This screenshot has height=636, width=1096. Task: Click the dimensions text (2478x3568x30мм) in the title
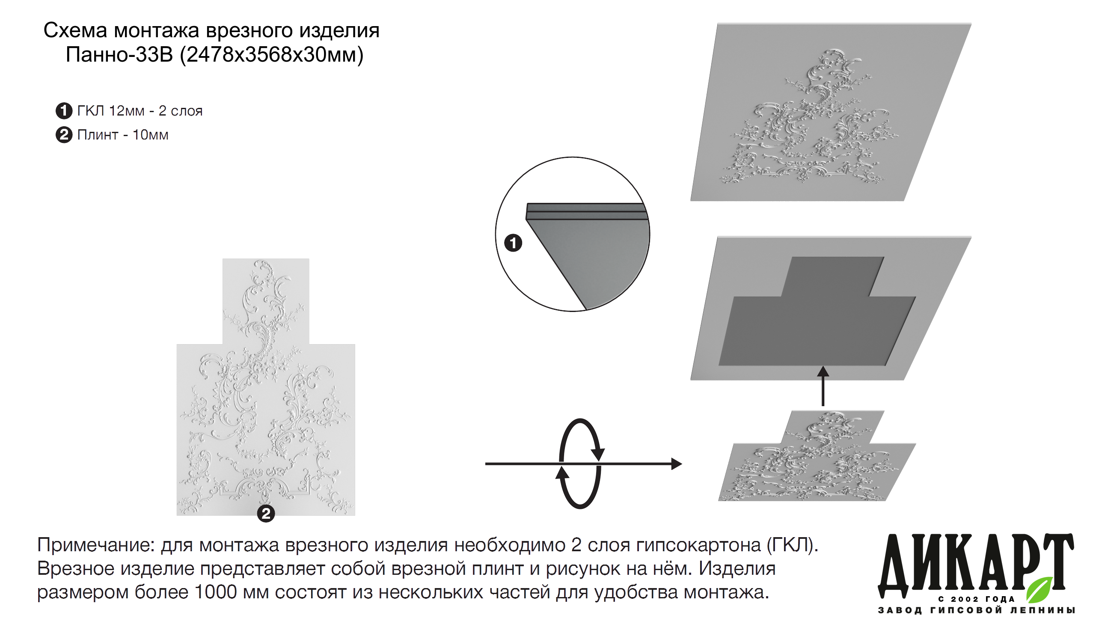(271, 55)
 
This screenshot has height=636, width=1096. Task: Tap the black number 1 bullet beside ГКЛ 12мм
(64, 110)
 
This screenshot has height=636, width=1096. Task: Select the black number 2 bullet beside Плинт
(64, 134)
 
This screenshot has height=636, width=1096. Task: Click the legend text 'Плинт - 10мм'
(123, 135)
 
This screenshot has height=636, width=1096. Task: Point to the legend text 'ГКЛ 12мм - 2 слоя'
(140, 111)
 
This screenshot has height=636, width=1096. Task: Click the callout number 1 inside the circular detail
(513, 243)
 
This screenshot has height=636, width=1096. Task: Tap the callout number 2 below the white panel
(266, 513)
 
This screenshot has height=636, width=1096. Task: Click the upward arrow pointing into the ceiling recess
(823, 386)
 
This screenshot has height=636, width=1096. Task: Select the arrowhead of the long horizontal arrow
(677, 464)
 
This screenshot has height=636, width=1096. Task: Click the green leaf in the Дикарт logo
(1040, 589)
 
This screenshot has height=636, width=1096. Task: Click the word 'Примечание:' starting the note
(96, 545)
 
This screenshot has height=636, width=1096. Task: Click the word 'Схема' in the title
(75, 31)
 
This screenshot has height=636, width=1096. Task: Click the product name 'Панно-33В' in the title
(119, 55)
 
